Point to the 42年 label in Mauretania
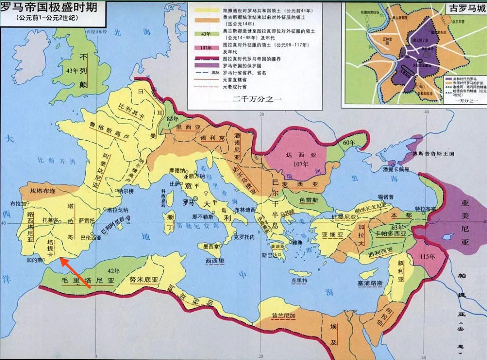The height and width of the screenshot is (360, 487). pyautogui.click(x=114, y=271)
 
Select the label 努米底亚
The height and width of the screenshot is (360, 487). pyautogui.click(x=144, y=280)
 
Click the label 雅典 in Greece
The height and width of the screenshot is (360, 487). pyautogui.click(x=297, y=242)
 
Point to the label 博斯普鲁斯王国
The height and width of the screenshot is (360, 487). pyautogui.click(x=433, y=153)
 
